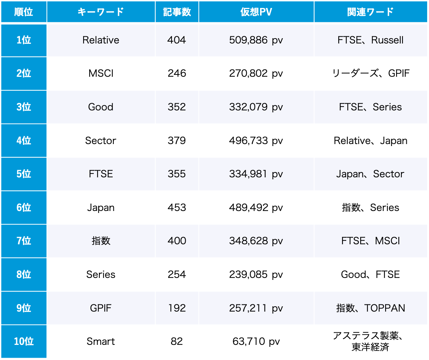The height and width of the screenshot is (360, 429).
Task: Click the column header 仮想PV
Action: [x=256, y=12]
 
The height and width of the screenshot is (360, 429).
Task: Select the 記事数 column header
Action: [x=177, y=12]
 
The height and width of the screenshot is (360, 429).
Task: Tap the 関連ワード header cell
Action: [x=370, y=12]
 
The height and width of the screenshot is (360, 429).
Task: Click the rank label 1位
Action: [x=24, y=40]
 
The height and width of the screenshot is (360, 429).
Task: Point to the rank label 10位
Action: [x=24, y=341]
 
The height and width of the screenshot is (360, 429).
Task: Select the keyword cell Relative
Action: [x=101, y=40]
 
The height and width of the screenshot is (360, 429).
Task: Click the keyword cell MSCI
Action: [x=101, y=73]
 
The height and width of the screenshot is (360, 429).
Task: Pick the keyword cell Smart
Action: [x=101, y=341]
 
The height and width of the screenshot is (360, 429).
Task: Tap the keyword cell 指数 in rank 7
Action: [x=101, y=241]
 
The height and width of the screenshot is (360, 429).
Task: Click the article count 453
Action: [x=177, y=208]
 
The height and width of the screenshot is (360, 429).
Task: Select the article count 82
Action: [x=177, y=341]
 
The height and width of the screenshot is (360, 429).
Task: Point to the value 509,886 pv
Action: [x=256, y=40]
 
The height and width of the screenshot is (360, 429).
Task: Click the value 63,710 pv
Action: [x=256, y=341]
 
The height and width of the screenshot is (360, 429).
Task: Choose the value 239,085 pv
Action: [x=256, y=275]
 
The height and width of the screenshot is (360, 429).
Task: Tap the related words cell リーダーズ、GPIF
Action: [x=370, y=73]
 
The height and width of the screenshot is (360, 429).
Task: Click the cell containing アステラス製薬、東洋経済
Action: [x=370, y=341]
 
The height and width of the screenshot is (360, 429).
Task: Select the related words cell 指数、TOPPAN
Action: [x=370, y=308]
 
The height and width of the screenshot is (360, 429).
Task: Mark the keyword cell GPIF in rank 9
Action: [x=101, y=308]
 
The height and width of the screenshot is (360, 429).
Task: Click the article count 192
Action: [x=177, y=308]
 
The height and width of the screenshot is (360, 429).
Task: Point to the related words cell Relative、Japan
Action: [x=370, y=141]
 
